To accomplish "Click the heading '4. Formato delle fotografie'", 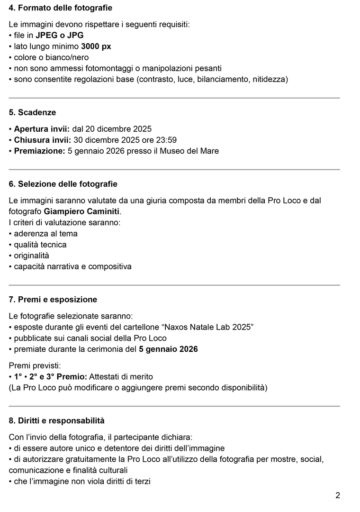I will point(60,8).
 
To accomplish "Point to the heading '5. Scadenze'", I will point(32,112).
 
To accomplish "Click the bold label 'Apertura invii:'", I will point(42,128).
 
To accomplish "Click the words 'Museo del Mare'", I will point(193,151).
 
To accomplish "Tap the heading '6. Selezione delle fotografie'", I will point(63,184).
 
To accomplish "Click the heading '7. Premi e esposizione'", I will point(53,300).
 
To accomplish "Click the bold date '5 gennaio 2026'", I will point(168,349).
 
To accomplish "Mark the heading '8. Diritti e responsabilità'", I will point(57,421).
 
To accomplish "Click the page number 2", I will point(337,495).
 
